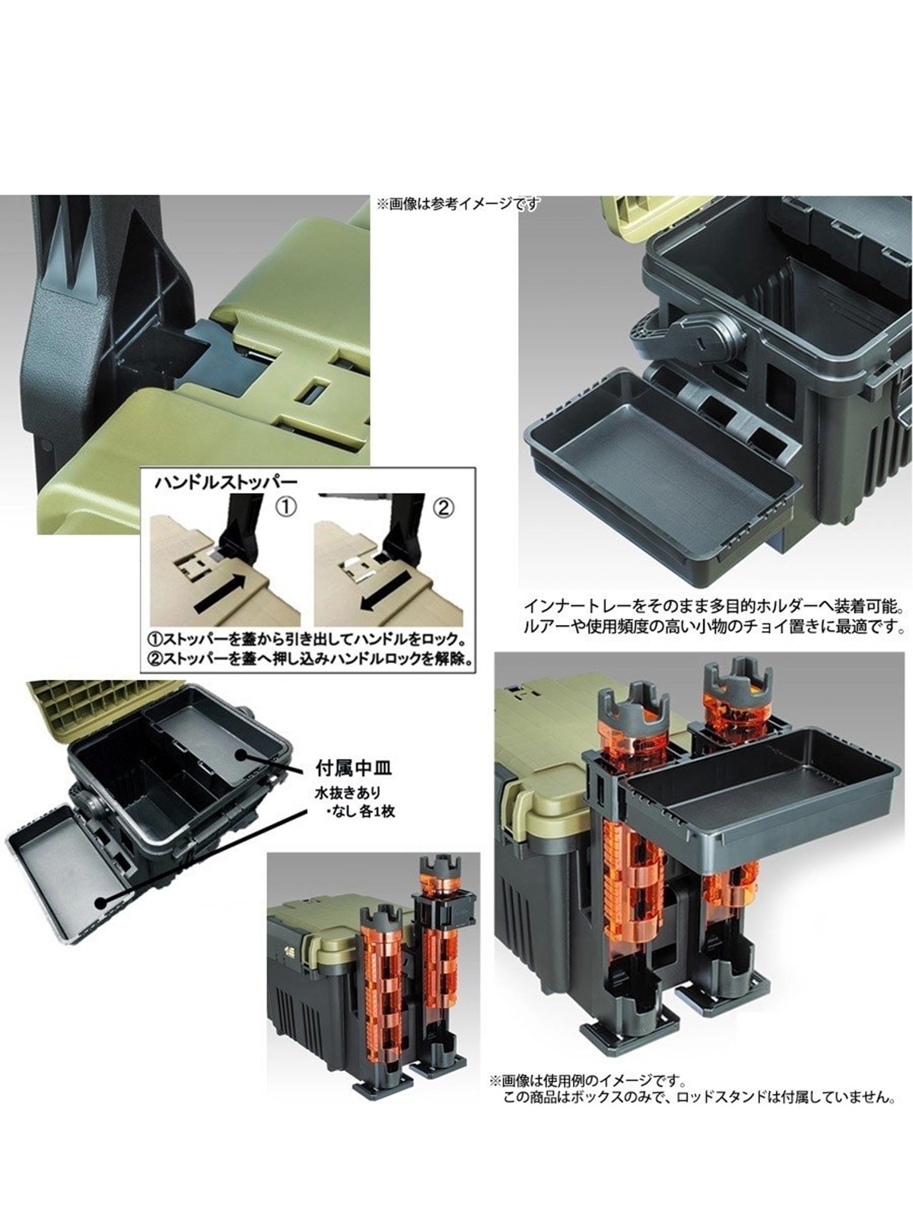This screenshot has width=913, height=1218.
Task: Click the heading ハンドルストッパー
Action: (x=226, y=482)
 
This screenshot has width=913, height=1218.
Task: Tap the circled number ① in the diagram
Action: (x=288, y=508)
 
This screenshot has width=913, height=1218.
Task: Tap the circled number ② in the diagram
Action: (x=444, y=508)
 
